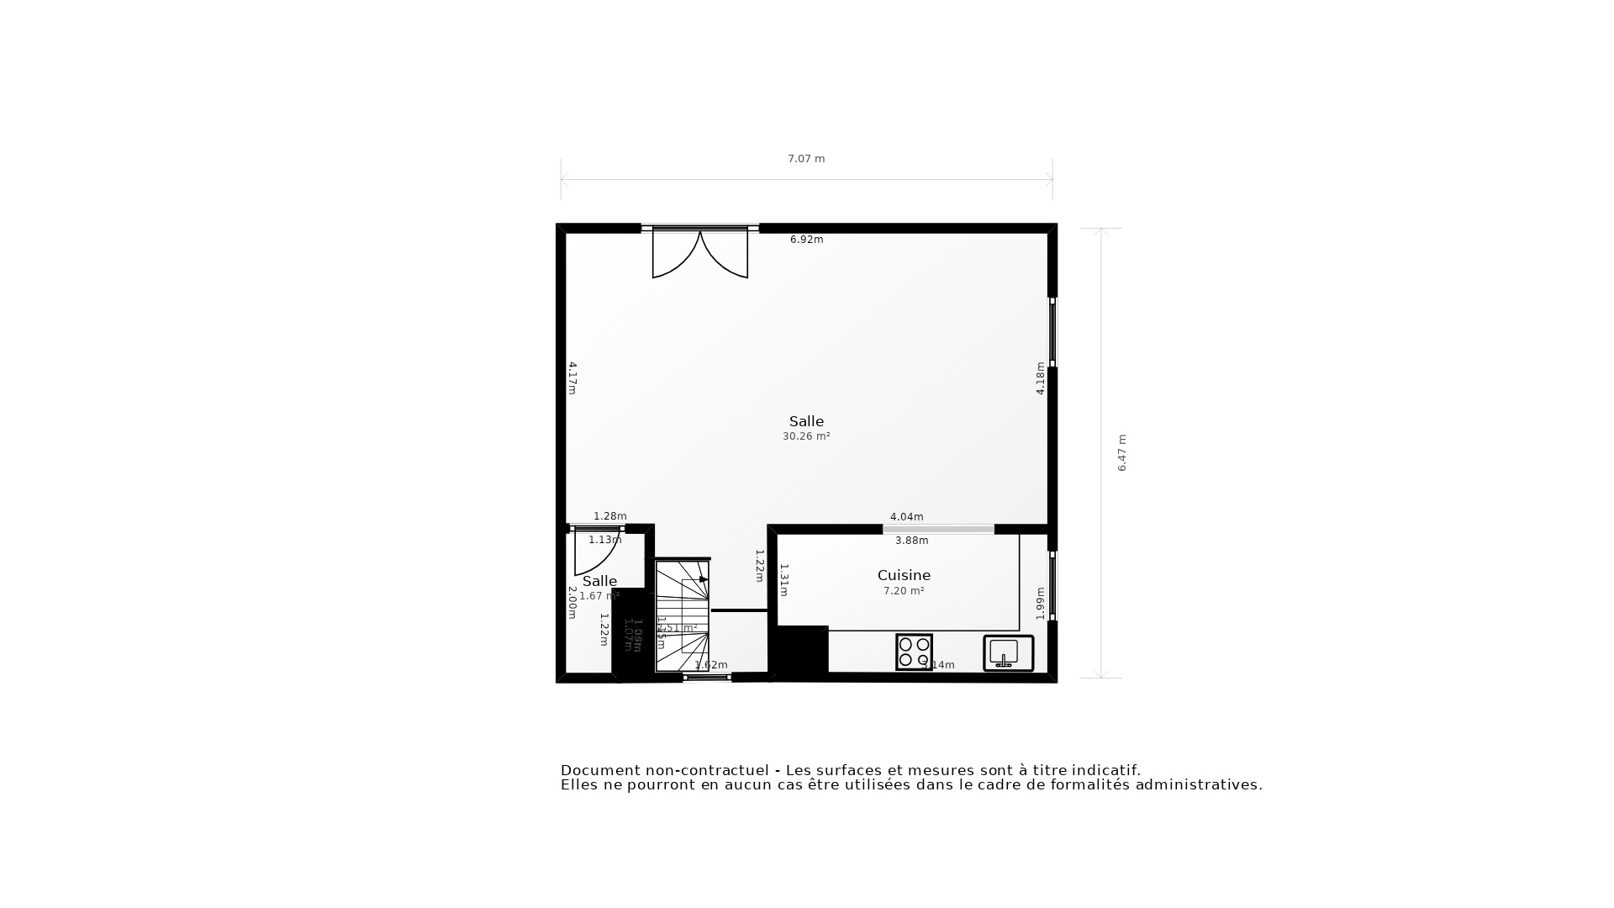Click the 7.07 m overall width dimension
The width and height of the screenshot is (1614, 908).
tap(806, 159)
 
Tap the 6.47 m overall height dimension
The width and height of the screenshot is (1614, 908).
tap(1121, 452)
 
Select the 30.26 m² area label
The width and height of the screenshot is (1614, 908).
tap(806, 436)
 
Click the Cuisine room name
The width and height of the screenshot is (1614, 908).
tap(904, 575)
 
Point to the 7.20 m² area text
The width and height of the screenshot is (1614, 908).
tap(904, 591)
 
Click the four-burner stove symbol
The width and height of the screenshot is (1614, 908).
tap(914, 652)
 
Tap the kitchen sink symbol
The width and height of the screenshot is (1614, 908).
tap(1008, 653)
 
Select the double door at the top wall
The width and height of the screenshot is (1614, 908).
tap(700, 252)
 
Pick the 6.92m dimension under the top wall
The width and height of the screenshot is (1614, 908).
tap(806, 240)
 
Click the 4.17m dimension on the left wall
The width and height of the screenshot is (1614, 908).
tap(572, 377)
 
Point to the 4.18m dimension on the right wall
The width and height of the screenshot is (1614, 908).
tap(1040, 377)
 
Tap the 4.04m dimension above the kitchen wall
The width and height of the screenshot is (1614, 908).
tap(906, 517)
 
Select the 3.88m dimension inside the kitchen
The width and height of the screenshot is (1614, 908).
tap(911, 541)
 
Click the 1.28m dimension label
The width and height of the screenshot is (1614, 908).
tap(609, 516)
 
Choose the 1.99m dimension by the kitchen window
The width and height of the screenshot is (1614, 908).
tap(1040, 603)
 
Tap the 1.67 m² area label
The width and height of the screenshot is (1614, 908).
tap(599, 596)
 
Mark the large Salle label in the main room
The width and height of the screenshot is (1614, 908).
tap(806, 421)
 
